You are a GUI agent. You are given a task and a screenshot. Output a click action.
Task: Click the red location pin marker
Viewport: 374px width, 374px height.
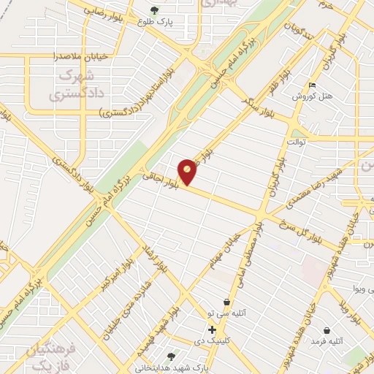188,170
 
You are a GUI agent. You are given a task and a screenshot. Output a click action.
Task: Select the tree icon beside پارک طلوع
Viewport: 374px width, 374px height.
153,9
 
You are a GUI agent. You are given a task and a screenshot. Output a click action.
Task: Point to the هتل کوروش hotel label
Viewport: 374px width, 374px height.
312,96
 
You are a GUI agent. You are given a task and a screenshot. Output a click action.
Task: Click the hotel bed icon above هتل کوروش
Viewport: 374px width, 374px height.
312,85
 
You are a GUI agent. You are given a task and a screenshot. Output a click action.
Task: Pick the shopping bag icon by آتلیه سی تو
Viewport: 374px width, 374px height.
226,302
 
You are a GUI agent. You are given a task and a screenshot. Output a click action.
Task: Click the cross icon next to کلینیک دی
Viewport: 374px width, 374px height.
212,330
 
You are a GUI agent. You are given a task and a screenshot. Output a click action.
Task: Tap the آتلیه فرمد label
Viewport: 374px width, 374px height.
327,341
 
